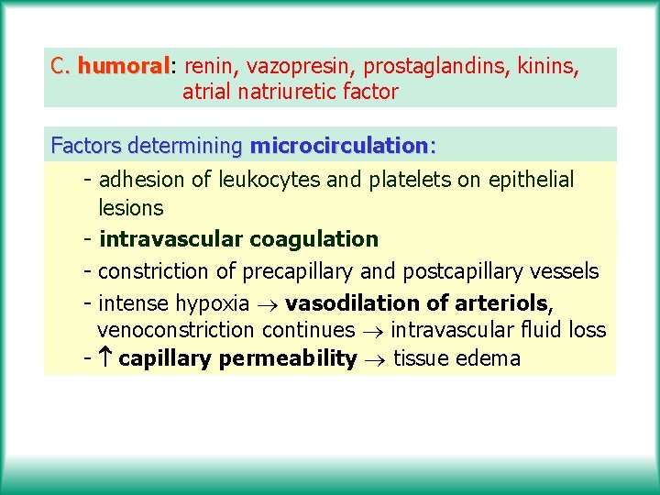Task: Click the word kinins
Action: tap(548, 66)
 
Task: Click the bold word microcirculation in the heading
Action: tap(338, 146)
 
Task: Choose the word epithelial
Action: tap(528, 180)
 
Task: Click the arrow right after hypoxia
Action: tap(268, 303)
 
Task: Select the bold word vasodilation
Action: tap(343, 302)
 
